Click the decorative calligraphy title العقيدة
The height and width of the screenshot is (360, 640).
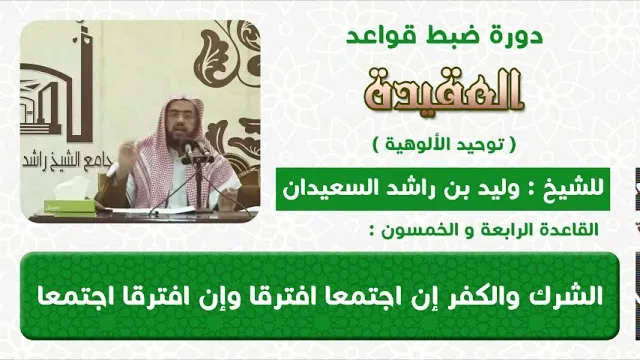(444, 91)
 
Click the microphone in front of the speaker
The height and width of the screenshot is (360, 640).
(189, 150)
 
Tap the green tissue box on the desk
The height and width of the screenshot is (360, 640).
(69, 205)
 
